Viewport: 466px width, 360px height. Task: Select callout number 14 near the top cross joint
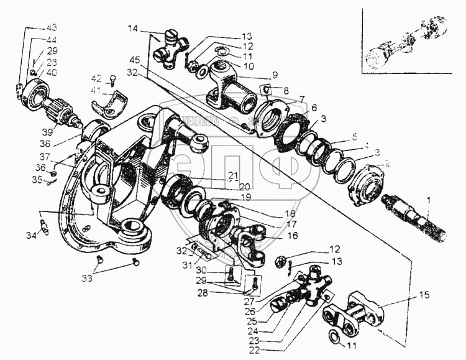coord(132,29)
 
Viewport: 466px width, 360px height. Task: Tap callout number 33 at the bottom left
coord(88,278)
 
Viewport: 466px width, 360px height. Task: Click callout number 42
coord(96,78)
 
